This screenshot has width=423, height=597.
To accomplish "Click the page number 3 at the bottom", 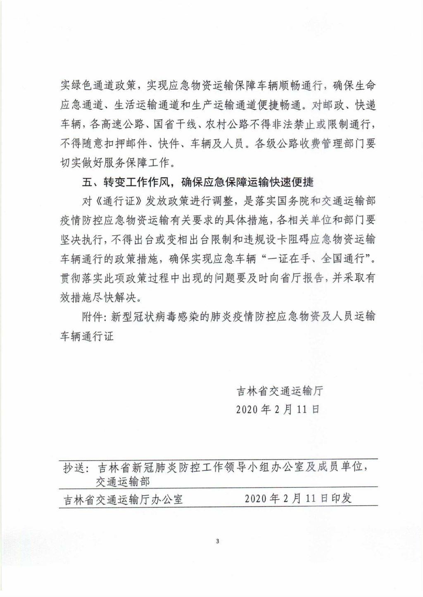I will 217,541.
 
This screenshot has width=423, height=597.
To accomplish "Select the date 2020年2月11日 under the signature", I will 278,409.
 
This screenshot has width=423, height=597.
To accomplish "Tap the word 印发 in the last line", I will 341,498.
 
